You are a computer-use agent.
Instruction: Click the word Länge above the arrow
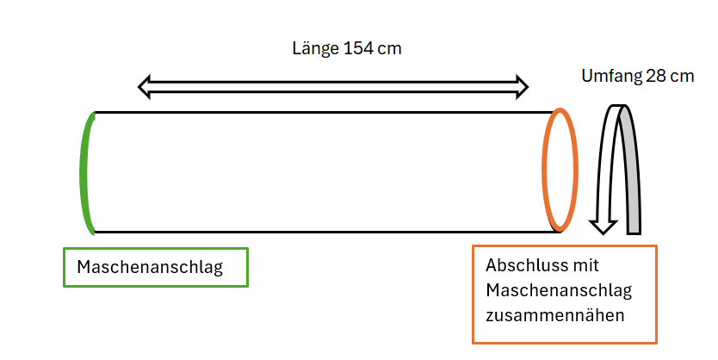pos(315,48)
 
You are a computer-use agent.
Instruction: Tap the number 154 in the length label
pos(358,48)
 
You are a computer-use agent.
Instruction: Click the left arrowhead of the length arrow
pos(145,87)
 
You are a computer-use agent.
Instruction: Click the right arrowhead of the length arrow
pos(523,87)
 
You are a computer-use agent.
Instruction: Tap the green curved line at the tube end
pos(84,173)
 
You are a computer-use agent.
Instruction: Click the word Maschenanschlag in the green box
pos(150,267)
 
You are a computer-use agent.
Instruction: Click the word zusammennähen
pos(555,315)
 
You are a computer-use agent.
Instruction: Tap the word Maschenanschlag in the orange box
pos(559,290)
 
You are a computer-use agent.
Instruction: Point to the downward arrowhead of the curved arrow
pos(603,227)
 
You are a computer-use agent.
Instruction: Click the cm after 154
pos(390,48)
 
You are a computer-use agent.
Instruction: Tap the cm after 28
pos(684,77)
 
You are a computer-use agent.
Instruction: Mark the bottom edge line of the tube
pos(326,233)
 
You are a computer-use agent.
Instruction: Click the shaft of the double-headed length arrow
pos(333,87)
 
